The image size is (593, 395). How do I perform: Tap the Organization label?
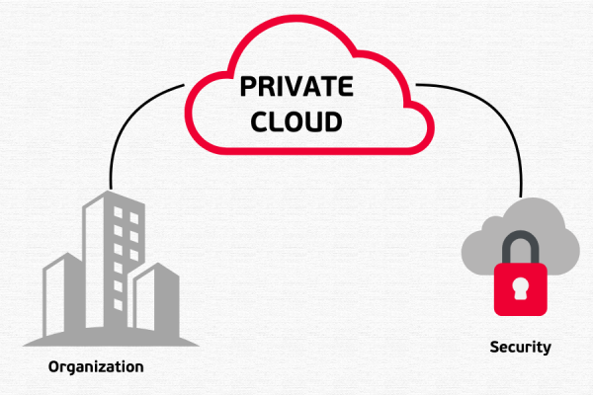pyautogui.click(x=96, y=366)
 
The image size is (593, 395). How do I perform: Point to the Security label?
pyautogui.click(x=520, y=348)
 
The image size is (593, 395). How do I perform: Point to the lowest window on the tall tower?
pyautogui.click(x=117, y=288)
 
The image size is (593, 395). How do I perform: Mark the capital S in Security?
pyautogui.click(x=494, y=348)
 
